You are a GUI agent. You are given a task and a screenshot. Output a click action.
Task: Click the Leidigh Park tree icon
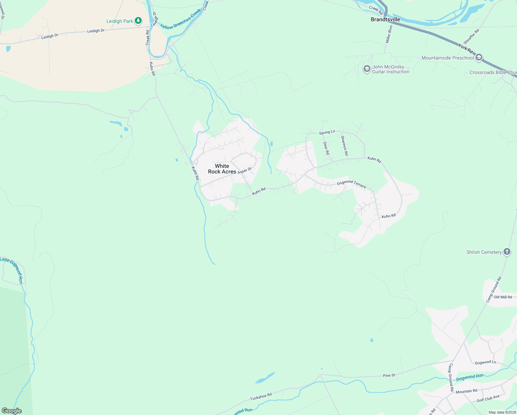click(138, 21)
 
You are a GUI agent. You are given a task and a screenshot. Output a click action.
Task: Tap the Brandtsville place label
click(385, 19)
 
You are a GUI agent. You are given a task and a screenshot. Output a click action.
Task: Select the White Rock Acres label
click(222, 169)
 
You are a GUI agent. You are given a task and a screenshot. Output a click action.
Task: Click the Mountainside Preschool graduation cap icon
click(479, 57)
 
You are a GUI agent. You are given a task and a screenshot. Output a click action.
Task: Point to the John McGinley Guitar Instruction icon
click(367, 69)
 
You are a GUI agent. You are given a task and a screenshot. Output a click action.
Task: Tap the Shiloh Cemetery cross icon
click(507, 252)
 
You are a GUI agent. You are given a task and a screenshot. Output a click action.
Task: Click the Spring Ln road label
click(327, 132)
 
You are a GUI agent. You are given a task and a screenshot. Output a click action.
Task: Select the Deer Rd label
click(326, 148)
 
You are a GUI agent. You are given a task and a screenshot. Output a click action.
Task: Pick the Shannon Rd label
click(344, 145)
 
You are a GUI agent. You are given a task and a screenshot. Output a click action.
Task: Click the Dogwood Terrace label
click(351, 184)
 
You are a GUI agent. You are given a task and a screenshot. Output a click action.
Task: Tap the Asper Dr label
click(245, 170)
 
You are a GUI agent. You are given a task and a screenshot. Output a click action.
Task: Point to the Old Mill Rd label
click(503, 297)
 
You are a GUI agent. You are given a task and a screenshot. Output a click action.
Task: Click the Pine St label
click(389, 375)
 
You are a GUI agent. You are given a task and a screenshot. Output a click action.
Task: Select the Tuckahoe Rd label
click(261, 396)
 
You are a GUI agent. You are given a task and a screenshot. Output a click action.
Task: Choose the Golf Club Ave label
click(488, 398)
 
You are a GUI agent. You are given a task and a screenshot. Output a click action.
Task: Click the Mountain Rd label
click(466, 391)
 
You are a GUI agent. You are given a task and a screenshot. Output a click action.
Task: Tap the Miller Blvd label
click(389, 34)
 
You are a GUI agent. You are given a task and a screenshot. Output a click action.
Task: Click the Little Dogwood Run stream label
click(12, 270)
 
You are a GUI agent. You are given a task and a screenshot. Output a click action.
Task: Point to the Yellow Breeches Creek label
click(180, 20)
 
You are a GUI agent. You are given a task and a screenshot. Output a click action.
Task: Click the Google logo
click(12, 411)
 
